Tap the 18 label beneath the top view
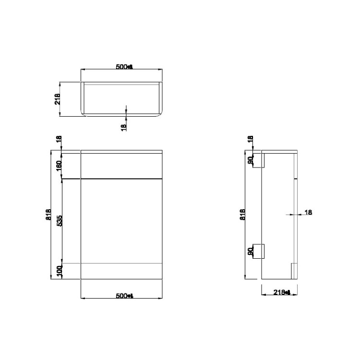123,127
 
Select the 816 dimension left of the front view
47,215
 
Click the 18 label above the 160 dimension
59,140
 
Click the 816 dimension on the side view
243,215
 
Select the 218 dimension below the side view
281,292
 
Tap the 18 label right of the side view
308,212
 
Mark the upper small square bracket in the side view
260,161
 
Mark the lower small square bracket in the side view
260,251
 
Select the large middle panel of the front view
123,221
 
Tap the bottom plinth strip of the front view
123,271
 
